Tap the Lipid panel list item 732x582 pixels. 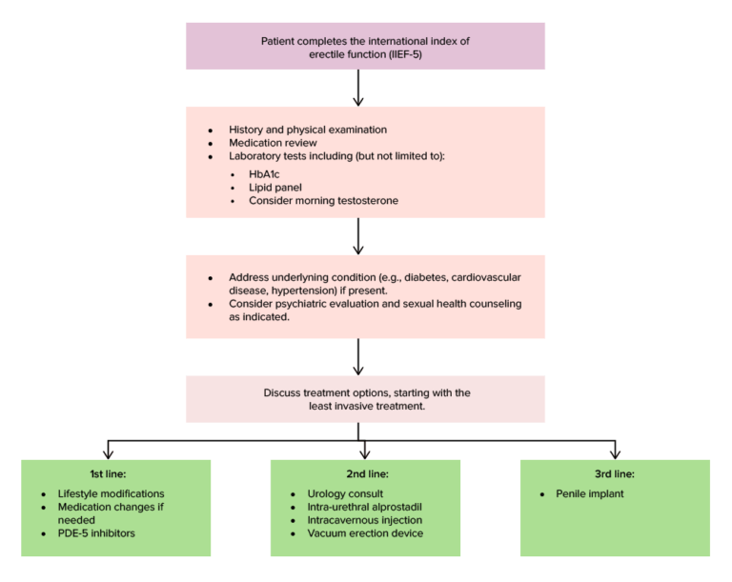point(276,188)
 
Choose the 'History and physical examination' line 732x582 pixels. point(307,130)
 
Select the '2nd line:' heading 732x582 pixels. point(365,473)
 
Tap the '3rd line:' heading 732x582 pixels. point(615,473)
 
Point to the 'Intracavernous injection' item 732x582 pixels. point(364,520)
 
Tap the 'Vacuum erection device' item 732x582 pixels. point(365,533)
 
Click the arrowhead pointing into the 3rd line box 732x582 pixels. point(615,453)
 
